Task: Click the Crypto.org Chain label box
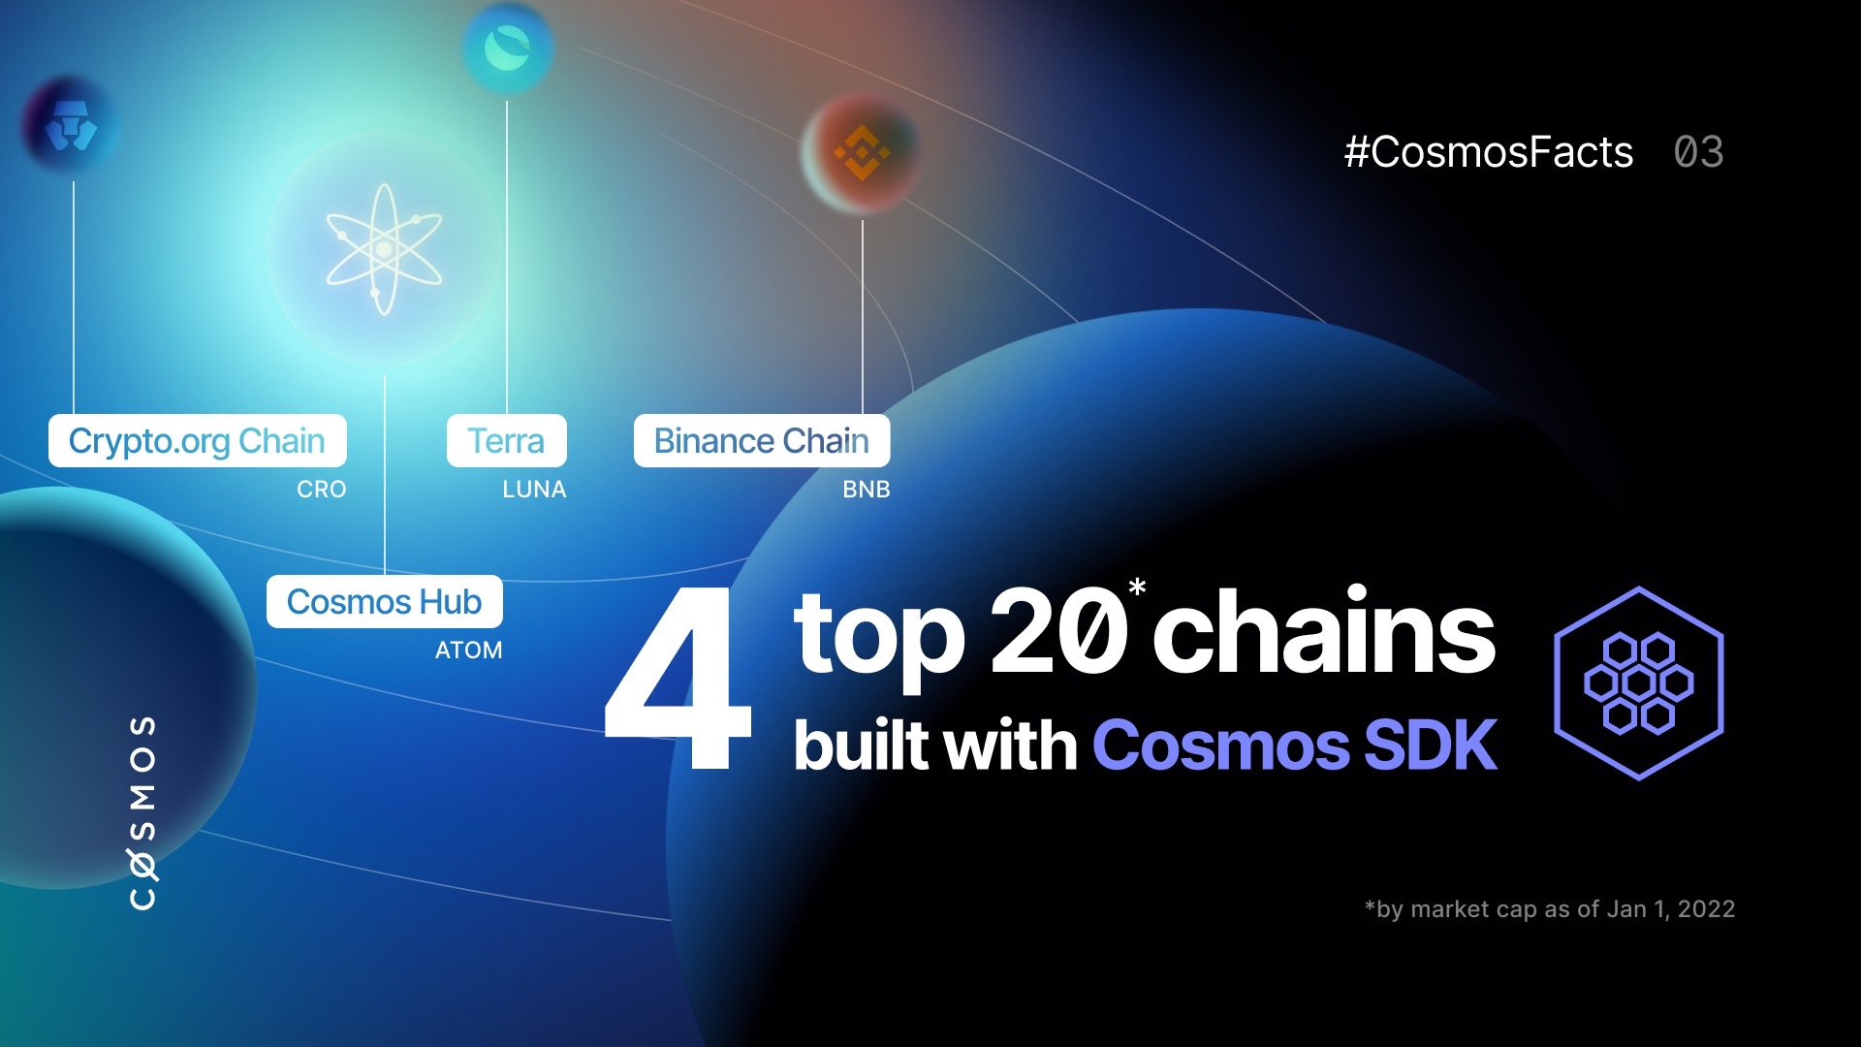[x=197, y=441]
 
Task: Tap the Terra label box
[x=506, y=441]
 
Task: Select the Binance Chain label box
[x=762, y=441]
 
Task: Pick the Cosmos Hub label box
[x=384, y=602]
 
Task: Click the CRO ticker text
[x=321, y=490]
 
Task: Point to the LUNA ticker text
[x=534, y=490]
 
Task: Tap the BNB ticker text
[x=866, y=490]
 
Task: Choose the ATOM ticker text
[x=468, y=650]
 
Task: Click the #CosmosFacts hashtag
[x=1488, y=152]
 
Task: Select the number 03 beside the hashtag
[x=1698, y=152]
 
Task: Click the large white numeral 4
[x=678, y=679]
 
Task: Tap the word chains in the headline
[x=1324, y=633]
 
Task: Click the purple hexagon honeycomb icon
[x=1638, y=683]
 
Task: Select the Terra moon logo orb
[x=507, y=47]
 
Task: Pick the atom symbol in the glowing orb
[x=384, y=249]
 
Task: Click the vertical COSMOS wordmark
[x=143, y=812]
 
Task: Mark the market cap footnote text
[x=1549, y=909]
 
